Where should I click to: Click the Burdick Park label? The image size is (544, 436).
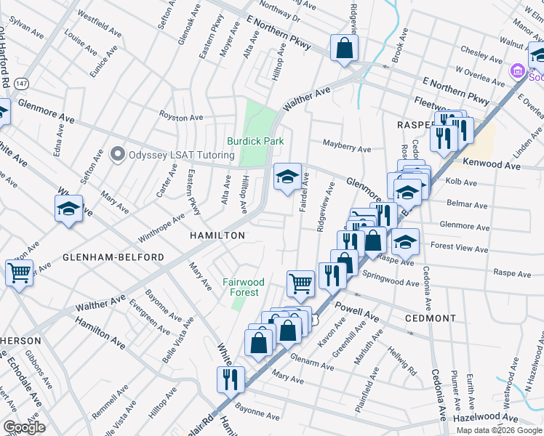click(255, 141)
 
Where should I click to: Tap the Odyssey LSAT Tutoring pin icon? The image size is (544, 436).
click(117, 155)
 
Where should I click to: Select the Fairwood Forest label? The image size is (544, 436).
click(244, 287)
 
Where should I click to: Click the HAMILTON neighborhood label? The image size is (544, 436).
click(217, 235)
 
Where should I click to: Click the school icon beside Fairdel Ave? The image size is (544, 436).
click(287, 176)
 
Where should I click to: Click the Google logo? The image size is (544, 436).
click(24, 427)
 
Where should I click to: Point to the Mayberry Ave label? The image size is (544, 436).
click(347, 148)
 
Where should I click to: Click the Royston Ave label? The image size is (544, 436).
click(182, 117)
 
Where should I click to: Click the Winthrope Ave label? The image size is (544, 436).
click(161, 228)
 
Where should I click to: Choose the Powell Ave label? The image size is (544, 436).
click(357, 312)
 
